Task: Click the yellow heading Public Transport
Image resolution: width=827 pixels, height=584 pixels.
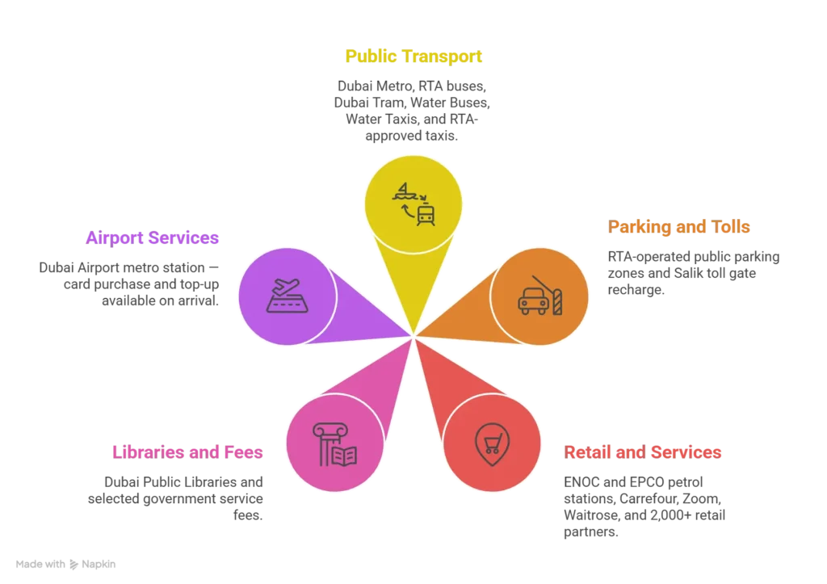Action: tap(413, 56)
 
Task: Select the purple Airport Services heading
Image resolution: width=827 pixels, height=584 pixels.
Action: tap(152, 238)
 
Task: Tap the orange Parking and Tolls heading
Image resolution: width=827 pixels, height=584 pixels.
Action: tap(680, 227)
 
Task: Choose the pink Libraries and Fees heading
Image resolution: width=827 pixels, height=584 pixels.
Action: tap(187, 451)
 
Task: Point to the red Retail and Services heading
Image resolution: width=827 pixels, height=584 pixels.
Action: tap(643, 452)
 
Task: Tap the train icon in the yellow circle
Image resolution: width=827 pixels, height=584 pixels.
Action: tap(426, 214)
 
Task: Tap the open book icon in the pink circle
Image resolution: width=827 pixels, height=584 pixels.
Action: tap(344, 456)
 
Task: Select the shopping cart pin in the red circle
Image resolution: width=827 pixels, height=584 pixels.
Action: tap(492, 443)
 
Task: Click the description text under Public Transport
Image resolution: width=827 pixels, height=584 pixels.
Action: tap(411, 110)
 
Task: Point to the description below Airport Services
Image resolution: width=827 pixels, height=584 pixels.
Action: tap(129, 283)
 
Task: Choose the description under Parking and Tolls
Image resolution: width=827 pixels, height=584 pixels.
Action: tap(693, 271)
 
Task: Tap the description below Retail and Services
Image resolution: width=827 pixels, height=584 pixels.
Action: tap(645, 506)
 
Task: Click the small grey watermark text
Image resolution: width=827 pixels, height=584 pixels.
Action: tap(65, 562)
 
